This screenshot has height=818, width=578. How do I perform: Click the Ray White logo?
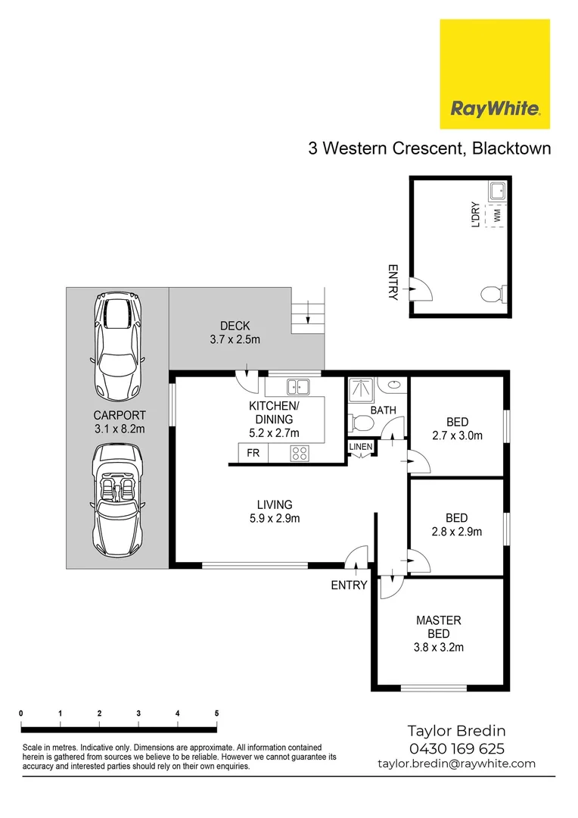[x=495, y=74]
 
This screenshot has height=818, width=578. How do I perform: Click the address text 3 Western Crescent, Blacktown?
[x=429, y=148]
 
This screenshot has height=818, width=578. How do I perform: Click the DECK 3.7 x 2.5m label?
[x=235, y=333]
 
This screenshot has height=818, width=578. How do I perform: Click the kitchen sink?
[x=300, y=387]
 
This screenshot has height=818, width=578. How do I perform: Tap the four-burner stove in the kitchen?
[x=300, y=454]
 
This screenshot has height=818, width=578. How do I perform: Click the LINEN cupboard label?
[x=361, y=447]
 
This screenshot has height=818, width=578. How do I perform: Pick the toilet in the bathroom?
[x=362, y=420]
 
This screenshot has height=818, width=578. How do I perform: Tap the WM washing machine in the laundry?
[x=497, y=216]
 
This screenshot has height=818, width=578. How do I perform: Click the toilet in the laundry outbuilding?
[x=491, y=293]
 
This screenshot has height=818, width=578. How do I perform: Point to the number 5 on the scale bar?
[x=216, y=713]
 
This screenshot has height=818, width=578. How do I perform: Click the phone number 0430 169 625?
[x=456, y=748]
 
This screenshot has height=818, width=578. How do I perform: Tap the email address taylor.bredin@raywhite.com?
[x=456, y=764]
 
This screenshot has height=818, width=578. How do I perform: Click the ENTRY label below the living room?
[x=349, y=585]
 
